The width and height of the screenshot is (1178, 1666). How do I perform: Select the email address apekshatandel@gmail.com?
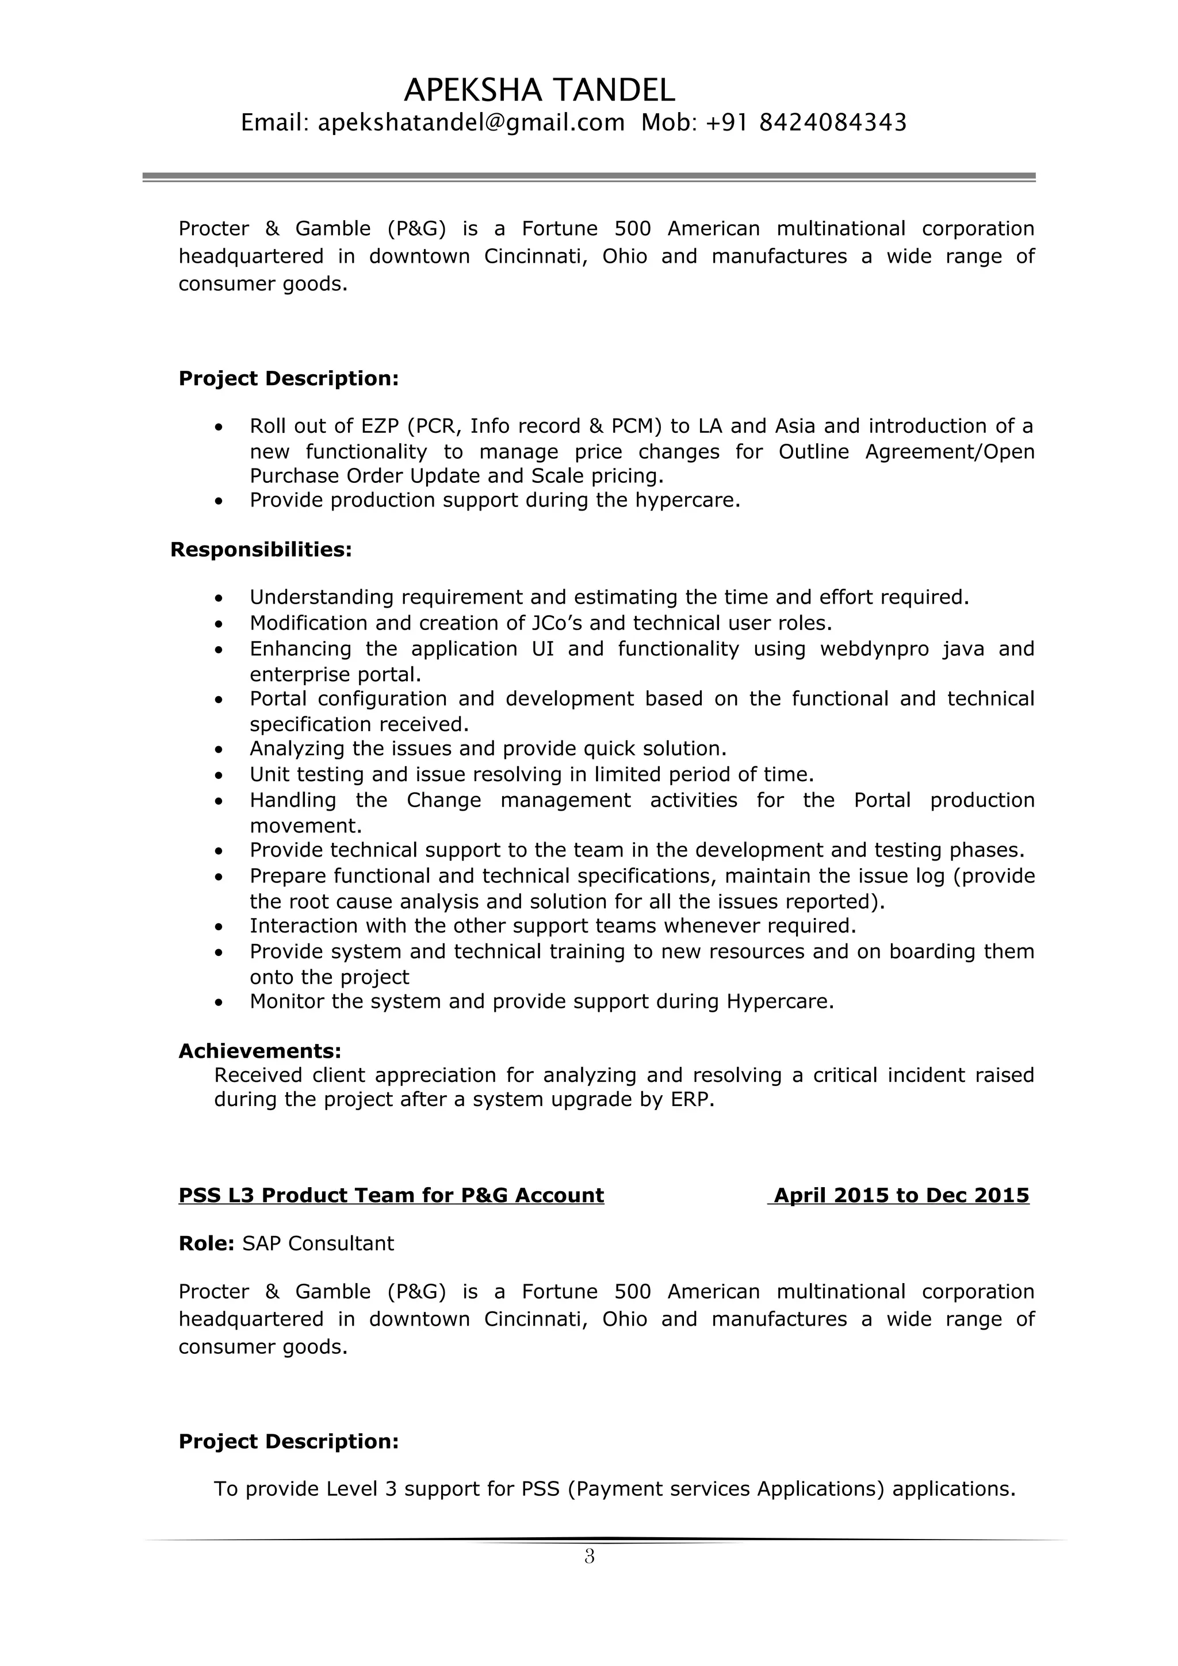coord(471,122)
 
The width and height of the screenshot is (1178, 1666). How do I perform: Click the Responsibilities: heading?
coord(261,550)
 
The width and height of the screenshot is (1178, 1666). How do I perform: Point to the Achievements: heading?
coord(260,1051)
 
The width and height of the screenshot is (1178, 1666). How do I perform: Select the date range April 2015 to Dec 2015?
coord(901,1196)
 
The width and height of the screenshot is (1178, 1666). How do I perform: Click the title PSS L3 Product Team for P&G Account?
coord(391,1196)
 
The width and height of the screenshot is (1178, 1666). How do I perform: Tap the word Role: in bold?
coord(206,1243)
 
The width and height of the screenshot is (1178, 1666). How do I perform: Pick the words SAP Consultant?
coord(318,1243)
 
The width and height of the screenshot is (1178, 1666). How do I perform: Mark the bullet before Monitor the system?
coord(219,1003)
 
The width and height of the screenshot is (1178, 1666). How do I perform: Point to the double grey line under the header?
coord(588,177)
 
